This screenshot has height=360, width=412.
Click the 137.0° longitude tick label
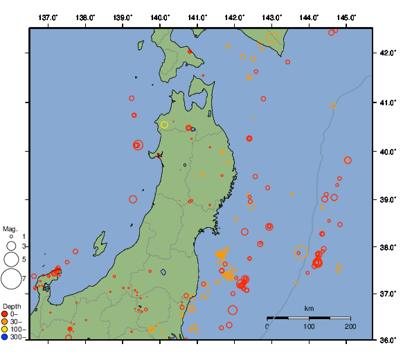coord(48,17)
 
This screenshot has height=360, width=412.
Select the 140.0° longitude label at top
coord(160,17)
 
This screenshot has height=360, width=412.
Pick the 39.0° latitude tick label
coord(388,199)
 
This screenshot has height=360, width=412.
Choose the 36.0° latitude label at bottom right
coord(388,339)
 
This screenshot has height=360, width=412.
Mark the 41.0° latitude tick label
coord(388,102)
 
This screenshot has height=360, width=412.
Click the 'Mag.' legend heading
coord(10,228)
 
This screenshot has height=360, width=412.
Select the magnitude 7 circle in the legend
coord(10,279)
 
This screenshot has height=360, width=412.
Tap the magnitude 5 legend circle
coord(10,259)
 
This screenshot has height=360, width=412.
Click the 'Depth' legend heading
coord(12,306)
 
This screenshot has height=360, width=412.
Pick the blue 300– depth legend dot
coord(5,337)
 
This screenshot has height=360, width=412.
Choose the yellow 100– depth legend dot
coord(5,330)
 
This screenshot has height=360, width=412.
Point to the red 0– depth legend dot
coord(5,314)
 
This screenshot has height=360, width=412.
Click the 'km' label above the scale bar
coord(309,308)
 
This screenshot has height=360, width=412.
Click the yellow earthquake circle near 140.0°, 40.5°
coord(165,125)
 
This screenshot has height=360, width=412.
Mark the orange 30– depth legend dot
coord(5,322)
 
